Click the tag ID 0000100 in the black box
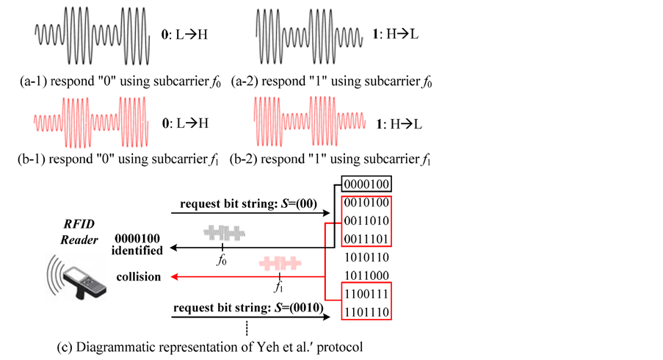point(365,184)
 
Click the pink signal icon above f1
point(279,264)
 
